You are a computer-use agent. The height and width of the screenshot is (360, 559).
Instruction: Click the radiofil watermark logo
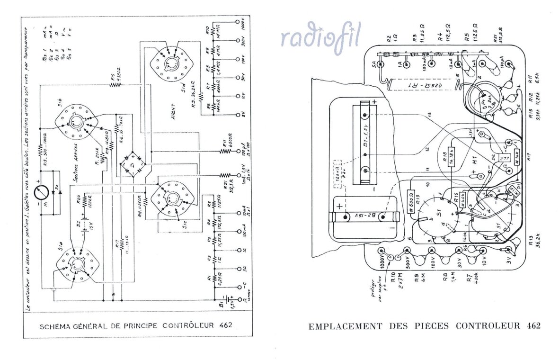pyautogui.click(x=320, y=37)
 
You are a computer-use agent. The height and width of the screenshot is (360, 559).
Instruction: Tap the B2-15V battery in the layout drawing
pyautogui.click(x=364, y=217)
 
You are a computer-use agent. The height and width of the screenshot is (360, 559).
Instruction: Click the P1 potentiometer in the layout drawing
pyautogui.click(x=484, y=100)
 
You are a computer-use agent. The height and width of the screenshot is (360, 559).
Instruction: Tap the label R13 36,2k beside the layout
pyautogui.click(x=534, y=244)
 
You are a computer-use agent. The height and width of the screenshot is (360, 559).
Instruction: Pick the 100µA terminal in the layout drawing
pyautogui.click(x=509, y=63)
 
